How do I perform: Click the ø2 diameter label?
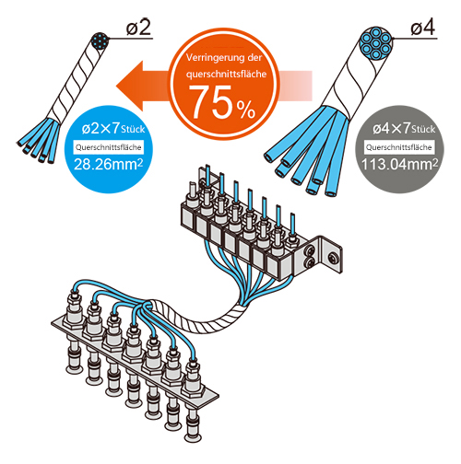pos(138,28)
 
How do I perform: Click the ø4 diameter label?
pos(423,28)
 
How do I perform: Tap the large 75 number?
pos(212,102)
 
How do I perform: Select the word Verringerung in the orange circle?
pos(212,57)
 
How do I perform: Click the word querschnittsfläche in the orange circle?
pos(226,74)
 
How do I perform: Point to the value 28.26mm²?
pos(108,165)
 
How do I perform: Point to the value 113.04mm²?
pos(399,165)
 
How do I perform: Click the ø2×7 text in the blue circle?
pos(100,129)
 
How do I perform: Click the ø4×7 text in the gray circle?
pos(392,129)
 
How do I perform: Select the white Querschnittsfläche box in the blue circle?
pos(109,147)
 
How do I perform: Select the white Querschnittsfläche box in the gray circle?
pos(399,147)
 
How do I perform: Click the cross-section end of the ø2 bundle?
pos(100,41)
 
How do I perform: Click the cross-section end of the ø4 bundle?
pos(376,43)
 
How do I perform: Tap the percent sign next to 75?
pos(245,110)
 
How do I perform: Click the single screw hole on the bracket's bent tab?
pos(332,257)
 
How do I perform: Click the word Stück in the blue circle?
pos(133,129)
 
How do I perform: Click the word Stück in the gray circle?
pos(423,129)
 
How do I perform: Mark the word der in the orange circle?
pos(254,57)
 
